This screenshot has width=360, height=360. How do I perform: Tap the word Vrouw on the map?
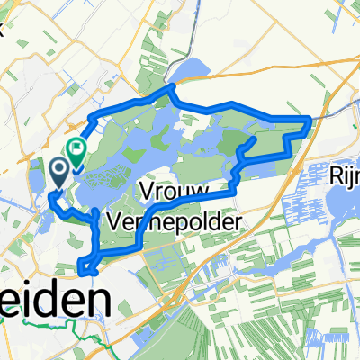[175, 192]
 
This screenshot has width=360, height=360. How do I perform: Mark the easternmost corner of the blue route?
[310, 118]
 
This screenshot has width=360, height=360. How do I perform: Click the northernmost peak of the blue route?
[170, 87]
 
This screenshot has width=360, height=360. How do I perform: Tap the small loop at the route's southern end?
[86, 264]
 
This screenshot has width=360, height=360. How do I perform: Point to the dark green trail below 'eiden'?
[54, 323]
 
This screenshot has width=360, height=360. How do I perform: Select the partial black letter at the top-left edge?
[3, 27]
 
